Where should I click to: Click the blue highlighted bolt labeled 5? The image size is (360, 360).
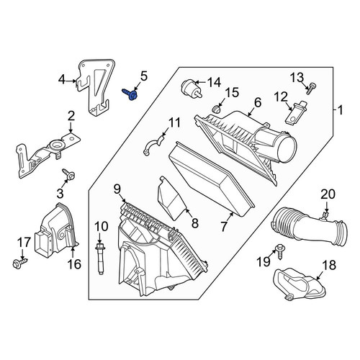coord(130,94)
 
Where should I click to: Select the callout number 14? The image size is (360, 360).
coord(214,83)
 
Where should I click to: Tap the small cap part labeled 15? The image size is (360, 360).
coord(216,109)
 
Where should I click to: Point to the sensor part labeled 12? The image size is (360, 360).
coord(293,114)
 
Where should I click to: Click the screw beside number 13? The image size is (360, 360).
coord(310,88)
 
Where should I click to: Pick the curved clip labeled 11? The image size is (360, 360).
coord(153,145)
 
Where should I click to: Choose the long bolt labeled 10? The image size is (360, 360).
coord(100,258)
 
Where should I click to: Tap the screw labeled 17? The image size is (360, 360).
coord(20,263)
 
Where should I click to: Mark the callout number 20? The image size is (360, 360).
coord(328,194)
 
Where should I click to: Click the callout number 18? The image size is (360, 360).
coord(330,266)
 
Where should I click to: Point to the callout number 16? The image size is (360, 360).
coord(75,264)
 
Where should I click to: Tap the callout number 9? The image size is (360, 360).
coord(117,189)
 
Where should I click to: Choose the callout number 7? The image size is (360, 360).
coord(224,227)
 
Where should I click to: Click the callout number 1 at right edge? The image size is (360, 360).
coord(341,111)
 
